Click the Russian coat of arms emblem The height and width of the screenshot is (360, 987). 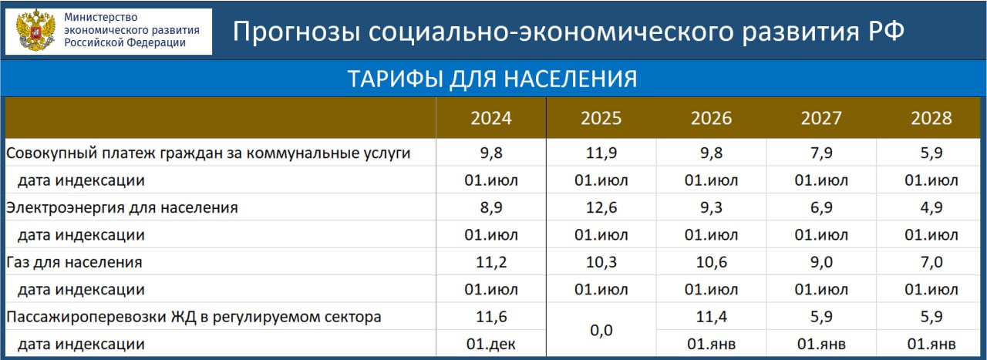coord(35,30)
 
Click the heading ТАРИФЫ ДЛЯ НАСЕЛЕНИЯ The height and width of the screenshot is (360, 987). coord(492,79)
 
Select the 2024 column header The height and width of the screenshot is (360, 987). coord(491,118)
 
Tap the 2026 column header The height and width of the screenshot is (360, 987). coord(711,118)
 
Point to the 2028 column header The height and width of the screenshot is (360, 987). coord(931,118)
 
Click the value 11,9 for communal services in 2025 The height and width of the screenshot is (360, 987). coord(601,153)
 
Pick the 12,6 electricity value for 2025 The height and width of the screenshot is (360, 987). coord(601,207)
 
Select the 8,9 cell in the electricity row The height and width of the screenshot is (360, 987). coord(491,207)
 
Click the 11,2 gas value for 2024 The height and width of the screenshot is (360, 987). coord(491,262)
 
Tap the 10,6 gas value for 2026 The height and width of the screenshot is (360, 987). coord(711,262)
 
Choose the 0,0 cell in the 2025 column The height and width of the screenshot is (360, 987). coord(601,330)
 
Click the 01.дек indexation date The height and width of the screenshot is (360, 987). coord(491,344)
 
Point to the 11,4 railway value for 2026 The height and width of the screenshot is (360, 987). coord(711,316)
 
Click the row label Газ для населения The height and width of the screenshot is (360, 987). coord(74,263)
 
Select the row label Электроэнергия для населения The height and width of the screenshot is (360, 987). coord(122,208)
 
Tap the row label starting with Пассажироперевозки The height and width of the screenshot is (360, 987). coord(194,318)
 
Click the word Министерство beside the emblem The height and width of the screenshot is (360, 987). coord(101,17)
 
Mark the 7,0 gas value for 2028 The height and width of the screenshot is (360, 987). coord(931,262)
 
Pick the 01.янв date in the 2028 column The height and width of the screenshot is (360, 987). coord(931,344)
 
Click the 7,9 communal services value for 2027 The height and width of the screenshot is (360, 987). coord(821,153)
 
